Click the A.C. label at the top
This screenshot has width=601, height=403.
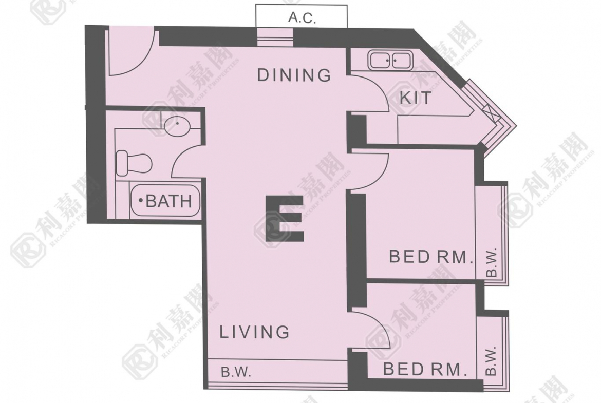coord(302,17)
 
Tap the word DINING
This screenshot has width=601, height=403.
coord(294,75)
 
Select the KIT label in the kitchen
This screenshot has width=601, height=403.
coord(416,98)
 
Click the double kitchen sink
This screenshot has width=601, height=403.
coord(390,60)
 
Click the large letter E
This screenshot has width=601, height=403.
coord(285,218)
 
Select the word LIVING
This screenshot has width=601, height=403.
coord(254,332)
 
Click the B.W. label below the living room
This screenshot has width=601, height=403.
coord(236,372)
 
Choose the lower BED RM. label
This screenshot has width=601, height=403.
coord(425,369)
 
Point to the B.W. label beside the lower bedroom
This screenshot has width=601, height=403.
coord(491,360)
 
